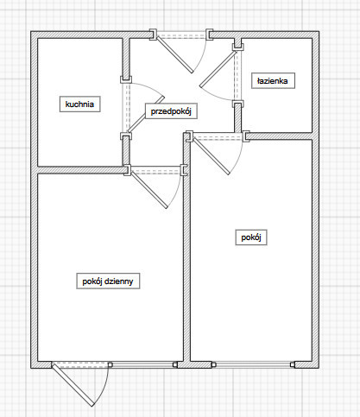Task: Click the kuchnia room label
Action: (79, 104)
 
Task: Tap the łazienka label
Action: (273, 80)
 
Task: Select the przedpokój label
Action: (171, 111)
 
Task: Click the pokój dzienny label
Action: (108, 281)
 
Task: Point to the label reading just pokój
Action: (251, 237)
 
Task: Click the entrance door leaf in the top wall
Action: (174, 54)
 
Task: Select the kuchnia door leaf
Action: (146, 114)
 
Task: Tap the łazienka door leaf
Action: (218, 69)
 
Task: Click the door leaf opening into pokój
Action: (212, 156)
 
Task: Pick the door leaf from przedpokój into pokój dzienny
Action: (149, 190)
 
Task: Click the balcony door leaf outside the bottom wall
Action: (73, 385)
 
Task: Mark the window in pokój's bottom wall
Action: (253, 364)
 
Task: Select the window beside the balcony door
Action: (142, 364)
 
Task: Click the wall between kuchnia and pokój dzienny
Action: (81, 170)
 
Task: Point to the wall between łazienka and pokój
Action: (279, 136)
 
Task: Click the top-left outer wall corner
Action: (31, 31)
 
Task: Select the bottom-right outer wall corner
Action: (319, 368)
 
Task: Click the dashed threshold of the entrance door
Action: (181, 36)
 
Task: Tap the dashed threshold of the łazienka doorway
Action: (237, 76)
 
